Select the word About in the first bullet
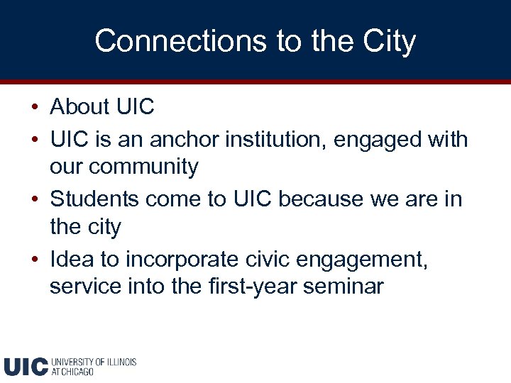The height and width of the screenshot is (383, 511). click(x=79, y=107)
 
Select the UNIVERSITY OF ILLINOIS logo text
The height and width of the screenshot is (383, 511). click(x=94, y=362)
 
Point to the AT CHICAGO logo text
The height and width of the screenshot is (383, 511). click(x=72, y=372)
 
